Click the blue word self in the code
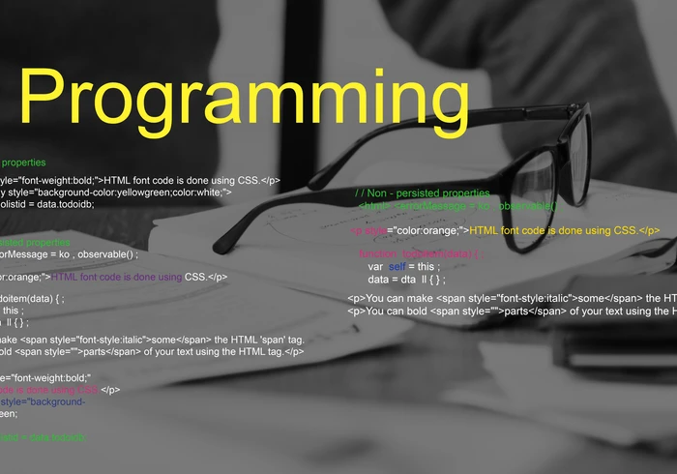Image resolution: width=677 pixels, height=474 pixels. click(x=397, y=266)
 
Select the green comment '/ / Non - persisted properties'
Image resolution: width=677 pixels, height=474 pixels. click(x=422, y=194)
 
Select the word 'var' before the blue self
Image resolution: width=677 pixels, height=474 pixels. click(x=375, y=266)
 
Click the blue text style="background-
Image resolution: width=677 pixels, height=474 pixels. click(x=43, y=401)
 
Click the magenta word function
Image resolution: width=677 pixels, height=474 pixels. click(x=378, y=253)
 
